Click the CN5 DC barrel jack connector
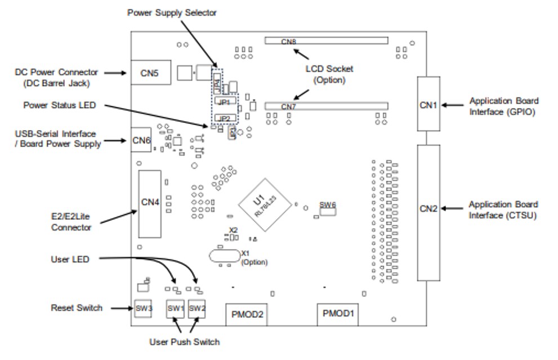click(x=150, y=72)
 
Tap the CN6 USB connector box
click(x=141, y=141)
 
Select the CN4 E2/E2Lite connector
click(x=149, y=201)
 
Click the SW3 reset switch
click(x=144, y=308)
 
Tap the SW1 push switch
click(x=175, y=308)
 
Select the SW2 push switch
click(x=197, y=308)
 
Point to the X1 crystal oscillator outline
click(x=224, y=256)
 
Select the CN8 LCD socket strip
click(x=327, y=41)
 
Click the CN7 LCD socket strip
click(x=327, y=106)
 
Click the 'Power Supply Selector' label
click(x=172, y=12)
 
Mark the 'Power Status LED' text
click(x=60, y=105)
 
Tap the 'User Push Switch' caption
click(x=184, y=342)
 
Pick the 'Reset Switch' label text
click(x=77, y=308)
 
